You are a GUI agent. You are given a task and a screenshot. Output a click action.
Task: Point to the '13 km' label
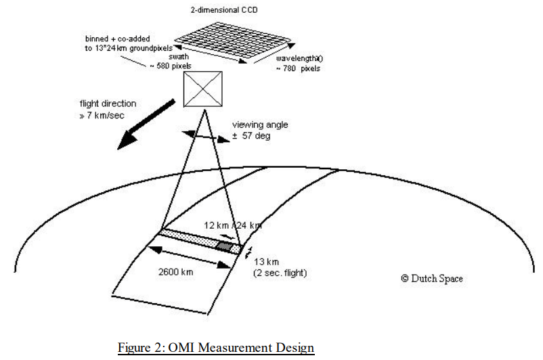point(263,261)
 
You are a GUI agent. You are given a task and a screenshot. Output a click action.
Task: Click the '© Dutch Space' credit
point(431,279)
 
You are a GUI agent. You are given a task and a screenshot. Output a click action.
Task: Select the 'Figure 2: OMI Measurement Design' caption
point(216,348)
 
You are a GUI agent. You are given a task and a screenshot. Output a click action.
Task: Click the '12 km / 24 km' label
point(233,225)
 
